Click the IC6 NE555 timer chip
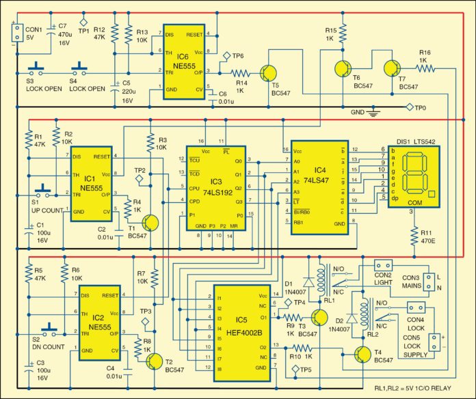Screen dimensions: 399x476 183,62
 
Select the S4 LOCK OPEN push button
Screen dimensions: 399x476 81,68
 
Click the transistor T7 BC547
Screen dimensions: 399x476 392,68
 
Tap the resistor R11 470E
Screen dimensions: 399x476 412,236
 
